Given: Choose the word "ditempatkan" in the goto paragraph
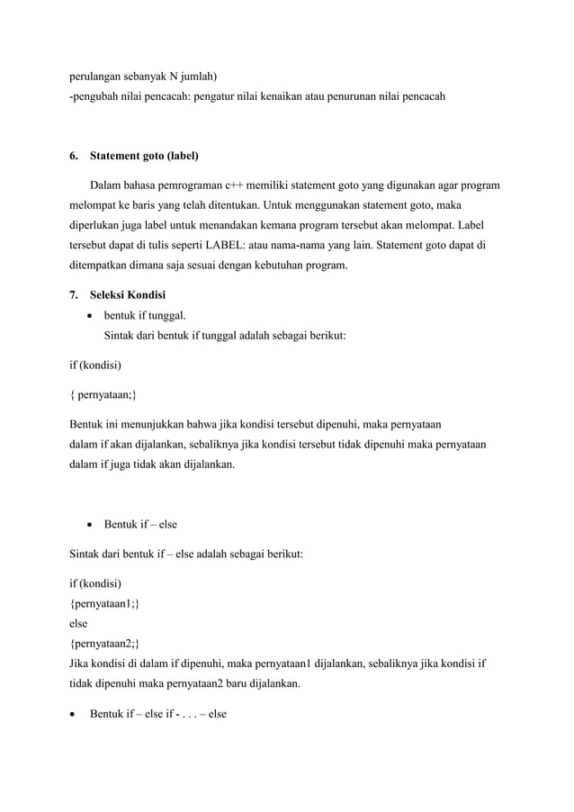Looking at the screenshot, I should point(104,266).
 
